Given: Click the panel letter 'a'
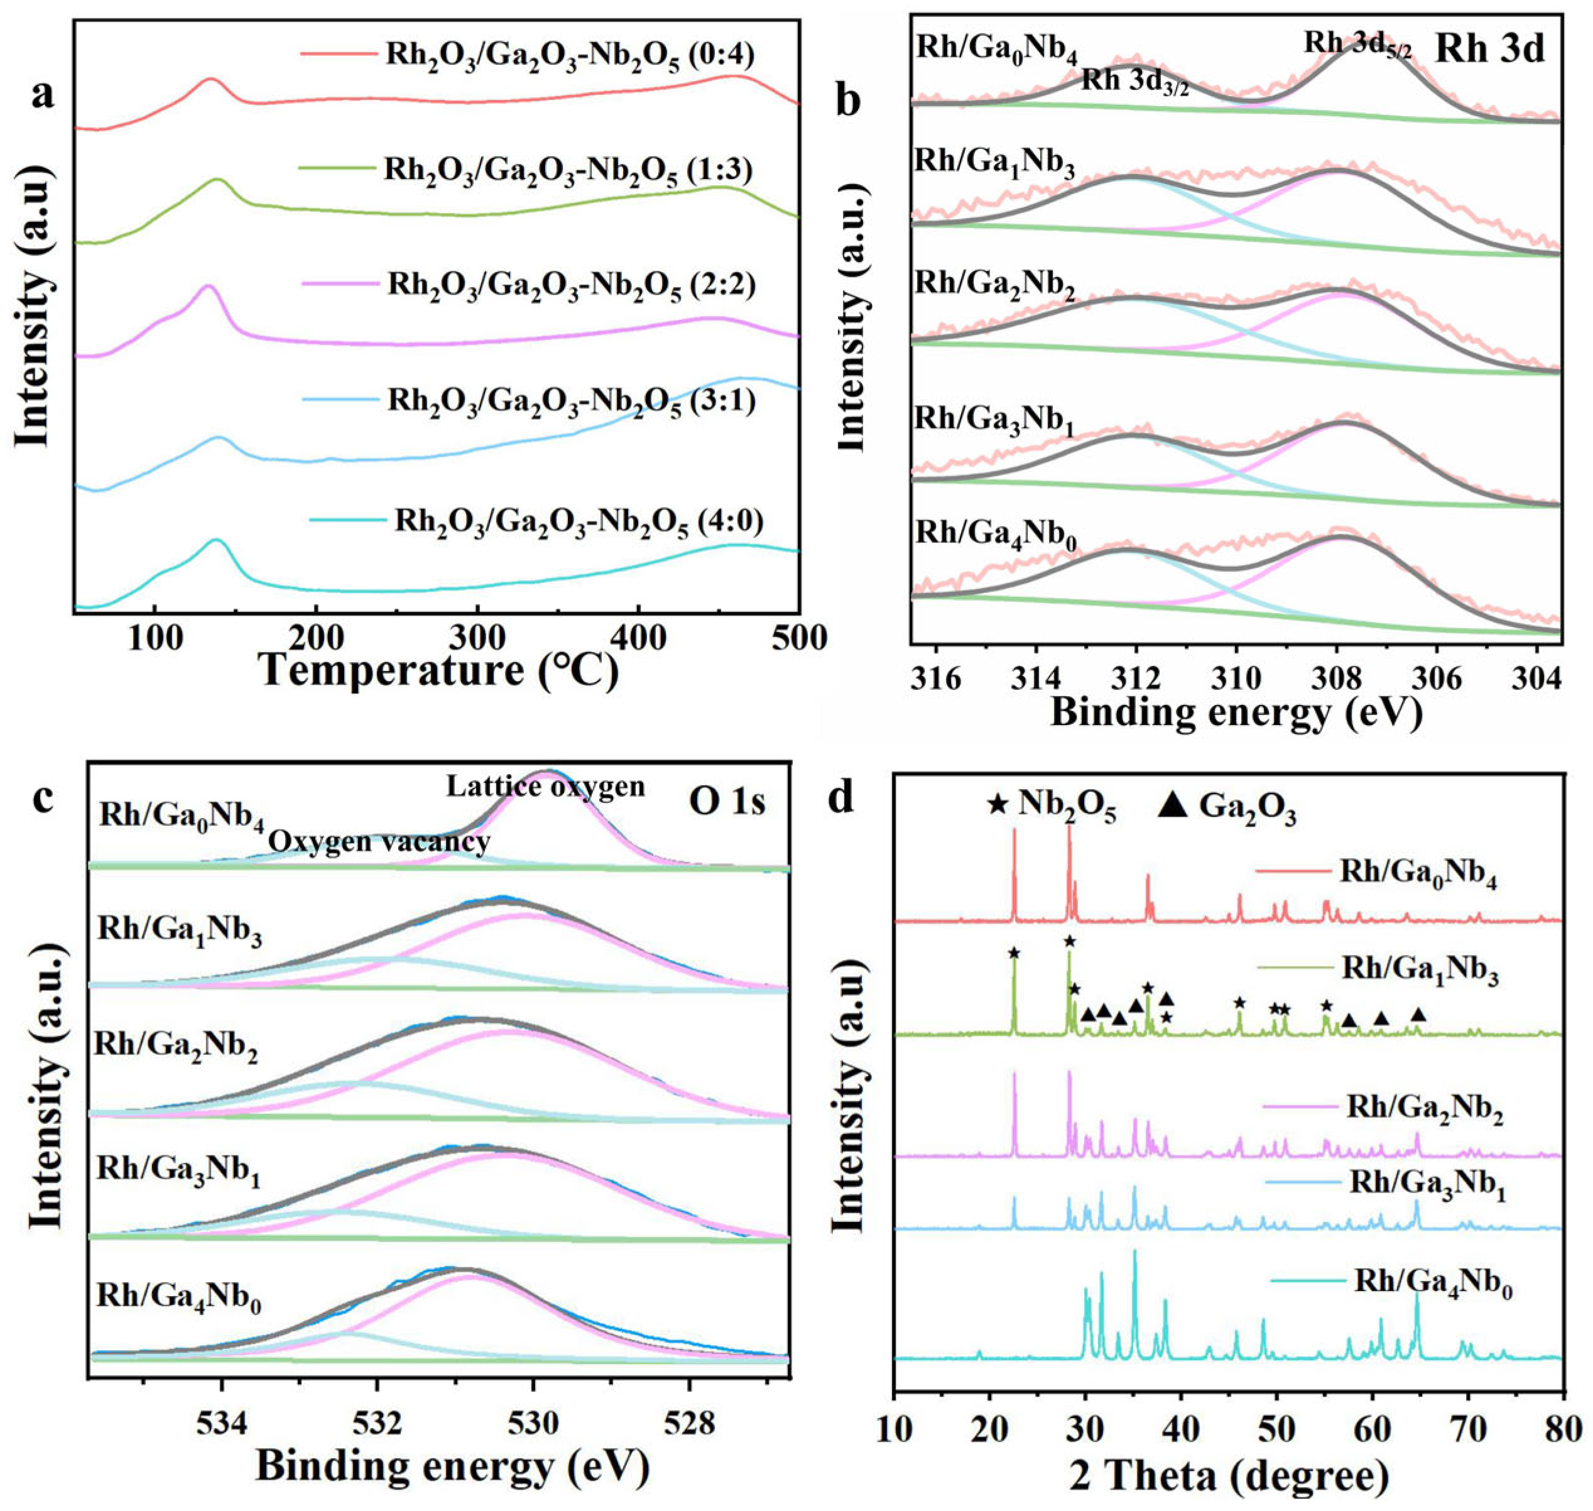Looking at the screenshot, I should pyautogui.click(x=45, y=95).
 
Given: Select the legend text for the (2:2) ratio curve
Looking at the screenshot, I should pyautogui.click(x=571, y=286).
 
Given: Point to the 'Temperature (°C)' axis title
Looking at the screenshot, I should pyautogui.click(x=440, y=671).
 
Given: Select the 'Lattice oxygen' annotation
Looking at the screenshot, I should pyautogui.click(x=546, y=787).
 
